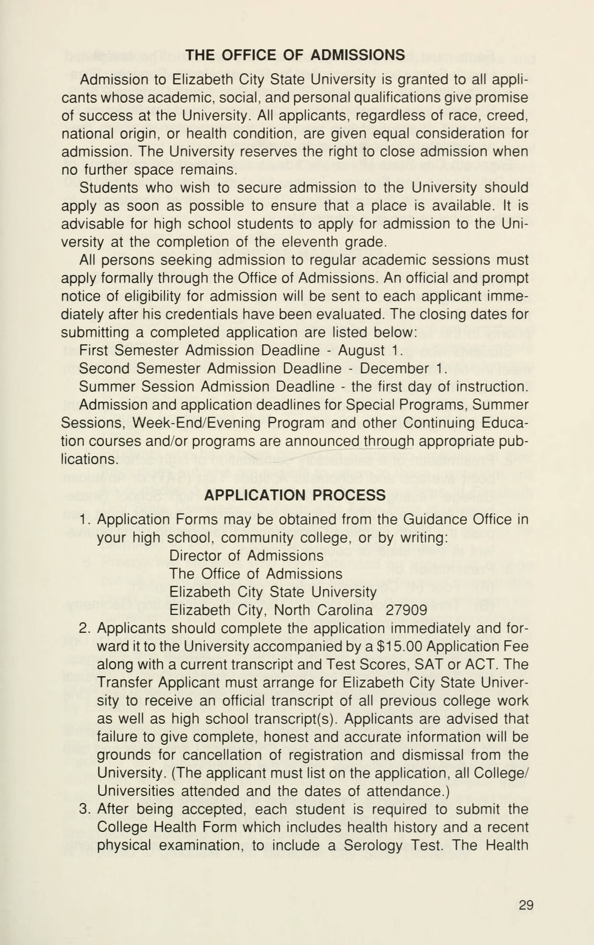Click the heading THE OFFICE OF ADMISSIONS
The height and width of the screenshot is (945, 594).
[x=295, y=55]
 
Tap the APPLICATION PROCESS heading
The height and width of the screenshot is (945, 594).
[x=295, y=495]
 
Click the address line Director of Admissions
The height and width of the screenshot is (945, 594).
[x=246, y=556]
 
